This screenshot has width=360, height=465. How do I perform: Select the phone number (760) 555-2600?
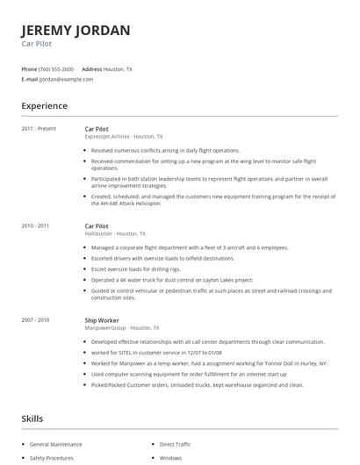[57, 68]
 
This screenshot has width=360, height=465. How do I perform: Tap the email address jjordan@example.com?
[67, 79]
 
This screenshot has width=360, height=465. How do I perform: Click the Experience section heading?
[44, 106]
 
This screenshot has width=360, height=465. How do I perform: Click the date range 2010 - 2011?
[36, 225]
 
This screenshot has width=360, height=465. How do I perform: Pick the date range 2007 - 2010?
[36, 320]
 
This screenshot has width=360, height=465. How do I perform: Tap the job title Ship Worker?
[102, 320]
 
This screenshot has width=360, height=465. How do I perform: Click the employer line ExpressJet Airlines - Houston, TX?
[123, 137]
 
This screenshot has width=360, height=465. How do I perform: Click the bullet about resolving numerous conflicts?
[166, 150]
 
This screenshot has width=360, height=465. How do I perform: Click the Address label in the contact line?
[91, 68]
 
